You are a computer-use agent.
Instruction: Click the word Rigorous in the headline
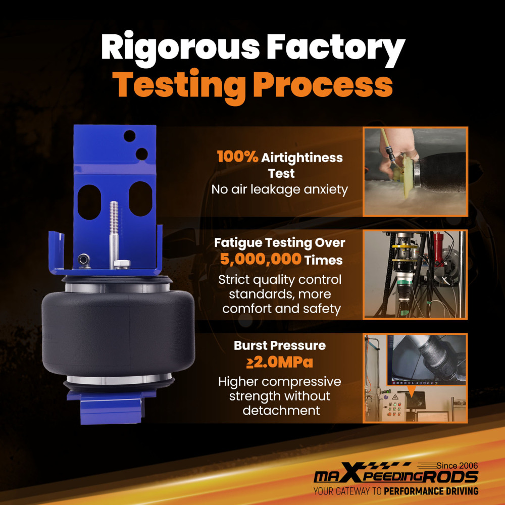180,48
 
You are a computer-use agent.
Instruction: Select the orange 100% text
237,157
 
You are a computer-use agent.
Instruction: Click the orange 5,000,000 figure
261,259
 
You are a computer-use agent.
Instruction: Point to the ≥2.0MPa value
280,362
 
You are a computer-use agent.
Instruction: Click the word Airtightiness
302,158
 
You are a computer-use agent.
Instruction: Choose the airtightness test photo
415,172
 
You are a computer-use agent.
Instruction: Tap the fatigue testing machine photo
415,274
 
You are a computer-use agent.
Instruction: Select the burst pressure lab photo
415,378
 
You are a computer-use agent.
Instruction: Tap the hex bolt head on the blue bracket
122,264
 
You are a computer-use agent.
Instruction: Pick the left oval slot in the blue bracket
89,202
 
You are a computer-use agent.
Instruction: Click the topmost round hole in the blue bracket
129,136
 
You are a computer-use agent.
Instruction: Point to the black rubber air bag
118,332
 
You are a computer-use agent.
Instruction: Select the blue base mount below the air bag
111,407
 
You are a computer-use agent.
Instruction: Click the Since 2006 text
457,466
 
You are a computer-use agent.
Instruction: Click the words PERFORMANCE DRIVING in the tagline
431,491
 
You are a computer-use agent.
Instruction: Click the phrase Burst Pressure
280,345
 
